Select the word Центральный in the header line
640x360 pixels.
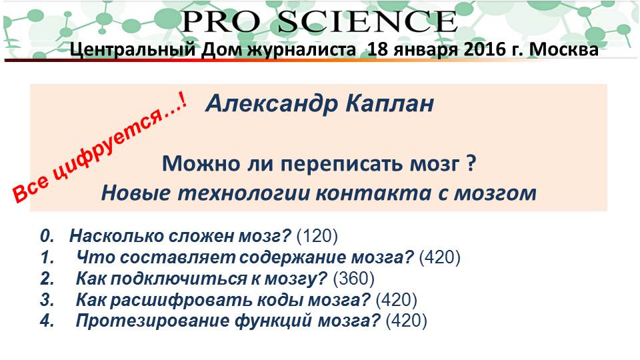click(133, 50)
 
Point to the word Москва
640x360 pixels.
click(564, 49)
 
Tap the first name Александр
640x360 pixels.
click(272, 104)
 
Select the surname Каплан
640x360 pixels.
click(389, 104)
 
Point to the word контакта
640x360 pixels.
click(373, 193)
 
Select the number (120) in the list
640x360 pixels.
click(317, 236)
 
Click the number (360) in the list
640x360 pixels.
click(354, 279)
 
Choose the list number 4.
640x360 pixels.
click(47, 321)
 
